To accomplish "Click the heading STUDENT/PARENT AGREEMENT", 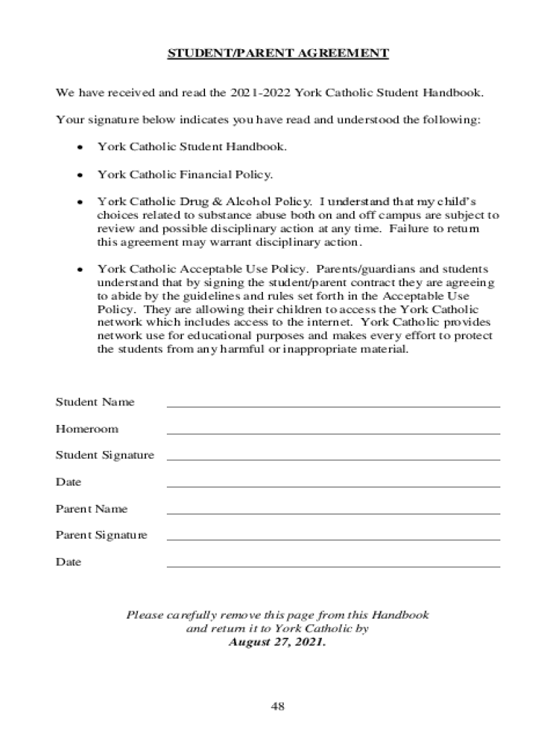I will [278, 53].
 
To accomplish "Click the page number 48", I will [278, 706].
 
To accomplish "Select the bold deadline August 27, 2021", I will [278, 642].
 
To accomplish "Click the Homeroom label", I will [87, 429].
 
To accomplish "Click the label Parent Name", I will [91, 509].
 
